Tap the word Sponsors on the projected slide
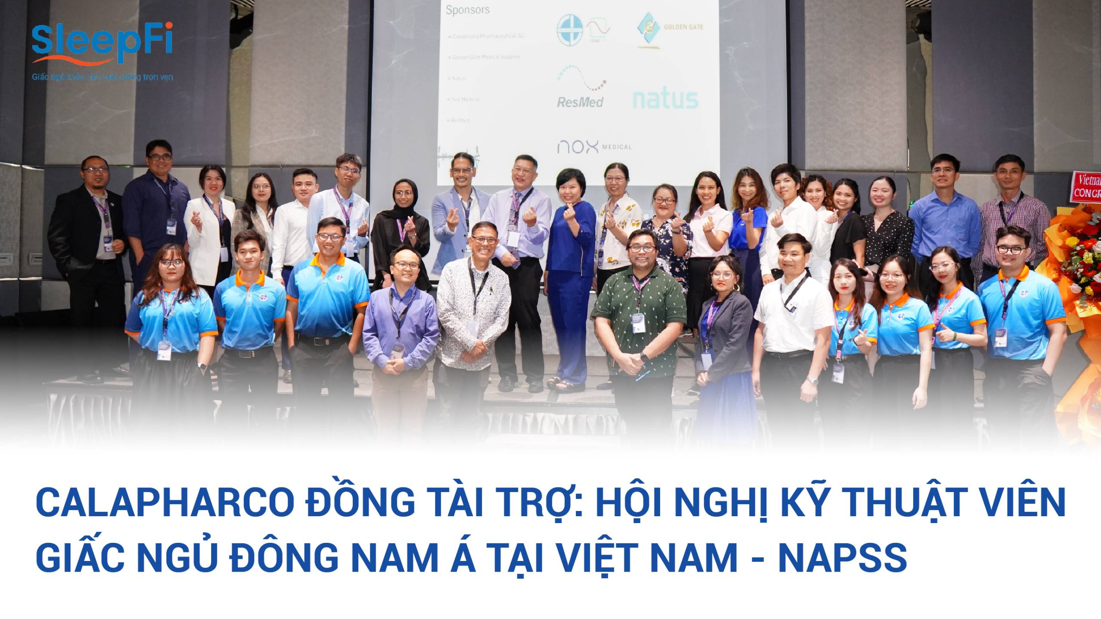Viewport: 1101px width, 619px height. pyautogui.click(x=467, y=10)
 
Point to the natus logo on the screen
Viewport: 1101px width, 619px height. pyautogui.click(x=665, y=99)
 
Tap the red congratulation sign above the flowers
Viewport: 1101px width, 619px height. pyautogui.click(x=1086, y=186)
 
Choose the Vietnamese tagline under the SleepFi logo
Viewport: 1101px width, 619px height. pyautogui.click(x=102, y=77)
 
